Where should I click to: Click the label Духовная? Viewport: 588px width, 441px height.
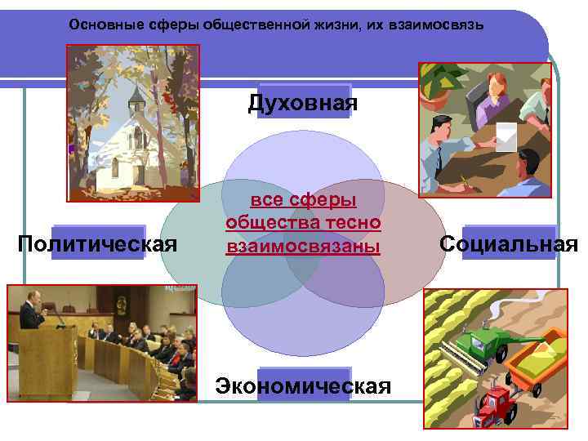coord(303,103)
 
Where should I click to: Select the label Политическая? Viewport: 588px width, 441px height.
coord(98,243)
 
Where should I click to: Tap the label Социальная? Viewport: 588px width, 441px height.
coord(508,243)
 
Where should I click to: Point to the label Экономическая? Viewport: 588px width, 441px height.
coord(303,385)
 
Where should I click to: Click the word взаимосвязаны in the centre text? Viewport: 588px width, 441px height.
coord(304,245)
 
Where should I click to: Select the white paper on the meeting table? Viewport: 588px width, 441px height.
coord(506,136)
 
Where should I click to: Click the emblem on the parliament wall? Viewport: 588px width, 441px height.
coord(120,303)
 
